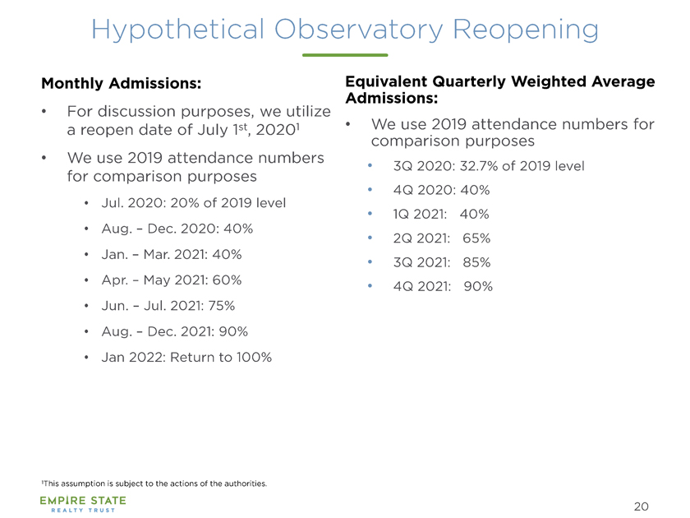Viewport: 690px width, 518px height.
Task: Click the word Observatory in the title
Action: (x=359, y=30)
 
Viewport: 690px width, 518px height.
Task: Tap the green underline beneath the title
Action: (x=345, y=55)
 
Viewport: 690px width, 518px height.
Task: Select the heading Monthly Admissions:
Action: (x=121, y=83)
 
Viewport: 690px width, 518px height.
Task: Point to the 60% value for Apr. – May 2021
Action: (x=227, y=280)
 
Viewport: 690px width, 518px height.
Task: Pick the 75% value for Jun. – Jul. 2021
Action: (x=221, y=306)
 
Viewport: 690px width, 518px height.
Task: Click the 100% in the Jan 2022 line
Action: (x=254, y=357)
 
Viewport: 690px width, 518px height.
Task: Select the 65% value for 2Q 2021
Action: (x=476, y=238)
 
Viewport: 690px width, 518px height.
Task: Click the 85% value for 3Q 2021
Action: (x=476, y=262)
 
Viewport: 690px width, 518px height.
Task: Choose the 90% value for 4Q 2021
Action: (x=478, y=286)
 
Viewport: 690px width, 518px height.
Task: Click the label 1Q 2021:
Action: (x=420, y=214)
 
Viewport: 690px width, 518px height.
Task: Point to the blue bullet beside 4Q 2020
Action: (x=370, y=190)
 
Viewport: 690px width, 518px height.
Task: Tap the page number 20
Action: (x=642, y=506)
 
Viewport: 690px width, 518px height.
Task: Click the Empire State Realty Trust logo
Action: (x=83, y=504)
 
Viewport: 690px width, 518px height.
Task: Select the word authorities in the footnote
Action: (x=246, y=483)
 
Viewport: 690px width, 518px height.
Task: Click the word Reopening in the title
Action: (x=526, y=30)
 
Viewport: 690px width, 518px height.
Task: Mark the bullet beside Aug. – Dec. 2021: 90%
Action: (x=87, y=331)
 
